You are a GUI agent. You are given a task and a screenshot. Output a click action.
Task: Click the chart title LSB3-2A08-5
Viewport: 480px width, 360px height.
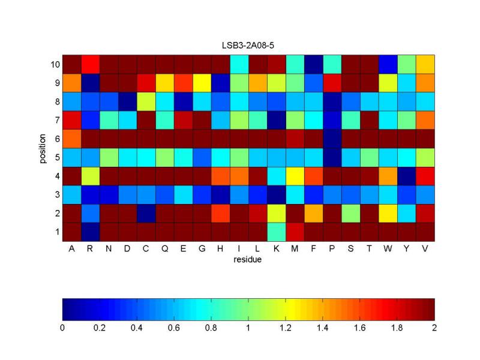248,46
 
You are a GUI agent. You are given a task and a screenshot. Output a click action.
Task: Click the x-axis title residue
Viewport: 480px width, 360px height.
248,260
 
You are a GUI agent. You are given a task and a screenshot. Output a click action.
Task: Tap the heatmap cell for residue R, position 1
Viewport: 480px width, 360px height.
90,232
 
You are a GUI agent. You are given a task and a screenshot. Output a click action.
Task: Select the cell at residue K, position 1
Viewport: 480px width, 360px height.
277,232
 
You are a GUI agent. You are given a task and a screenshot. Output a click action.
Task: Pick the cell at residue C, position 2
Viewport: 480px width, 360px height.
146,213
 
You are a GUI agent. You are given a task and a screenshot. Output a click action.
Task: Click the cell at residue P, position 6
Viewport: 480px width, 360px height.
332,139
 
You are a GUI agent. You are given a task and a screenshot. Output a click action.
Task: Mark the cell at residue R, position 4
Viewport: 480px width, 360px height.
90,176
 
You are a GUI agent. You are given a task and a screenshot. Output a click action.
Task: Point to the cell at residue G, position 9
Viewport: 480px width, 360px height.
202,83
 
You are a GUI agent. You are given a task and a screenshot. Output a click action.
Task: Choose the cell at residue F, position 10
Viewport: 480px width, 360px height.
314,64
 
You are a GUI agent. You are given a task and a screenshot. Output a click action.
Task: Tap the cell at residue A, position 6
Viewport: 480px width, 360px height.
72,139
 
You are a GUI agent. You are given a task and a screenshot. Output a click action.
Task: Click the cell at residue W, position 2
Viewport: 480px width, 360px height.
388,213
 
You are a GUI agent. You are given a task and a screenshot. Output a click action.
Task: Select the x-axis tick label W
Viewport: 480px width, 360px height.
388,249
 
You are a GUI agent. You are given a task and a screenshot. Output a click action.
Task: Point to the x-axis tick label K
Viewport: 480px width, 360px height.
277,249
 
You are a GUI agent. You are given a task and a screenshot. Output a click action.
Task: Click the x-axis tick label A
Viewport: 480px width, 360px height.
72,249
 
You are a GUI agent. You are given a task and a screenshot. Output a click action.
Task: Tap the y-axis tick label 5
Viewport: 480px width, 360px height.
56,157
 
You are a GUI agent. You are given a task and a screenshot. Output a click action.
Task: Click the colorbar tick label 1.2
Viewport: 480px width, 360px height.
286,328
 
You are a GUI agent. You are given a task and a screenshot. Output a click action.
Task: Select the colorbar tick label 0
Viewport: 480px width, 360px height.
62,328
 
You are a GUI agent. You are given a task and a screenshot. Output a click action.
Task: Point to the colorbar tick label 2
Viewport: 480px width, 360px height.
434,328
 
